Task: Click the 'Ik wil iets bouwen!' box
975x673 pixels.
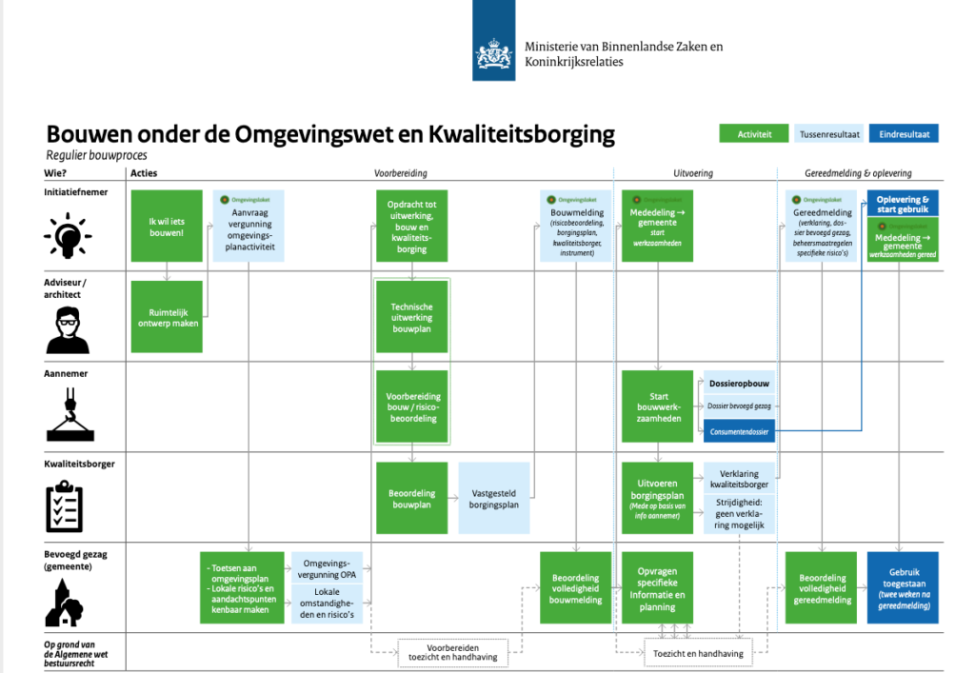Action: click(167, 227)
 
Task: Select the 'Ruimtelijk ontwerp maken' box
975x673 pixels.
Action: click(167, 316)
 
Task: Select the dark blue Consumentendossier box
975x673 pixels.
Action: click(739, 431)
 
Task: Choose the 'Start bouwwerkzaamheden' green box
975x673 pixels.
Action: click(658, 406)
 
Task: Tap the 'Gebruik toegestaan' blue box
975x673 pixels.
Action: click(902, 587)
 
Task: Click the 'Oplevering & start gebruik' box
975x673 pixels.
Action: click(902, 204)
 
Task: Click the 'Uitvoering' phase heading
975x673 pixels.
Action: click(693, 173)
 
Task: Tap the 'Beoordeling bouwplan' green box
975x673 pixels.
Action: click(412, 499)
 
